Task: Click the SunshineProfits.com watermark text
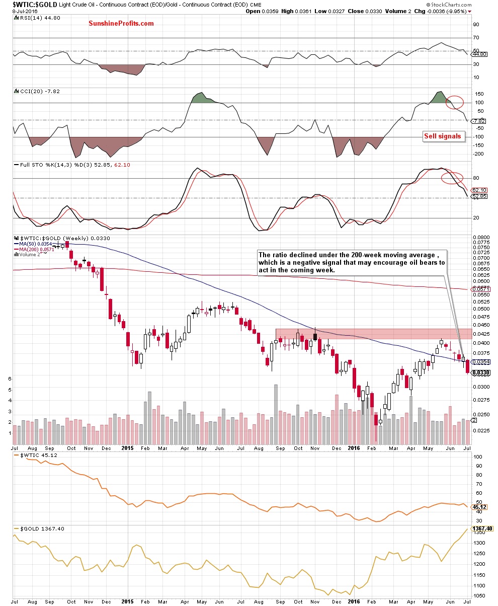[x=121, y=24]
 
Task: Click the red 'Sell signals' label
[x=442, y=136]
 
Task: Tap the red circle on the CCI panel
[x=454, y=102]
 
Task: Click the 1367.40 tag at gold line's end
[x=481, y=528]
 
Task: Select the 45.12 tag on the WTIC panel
[x=478, y=507]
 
